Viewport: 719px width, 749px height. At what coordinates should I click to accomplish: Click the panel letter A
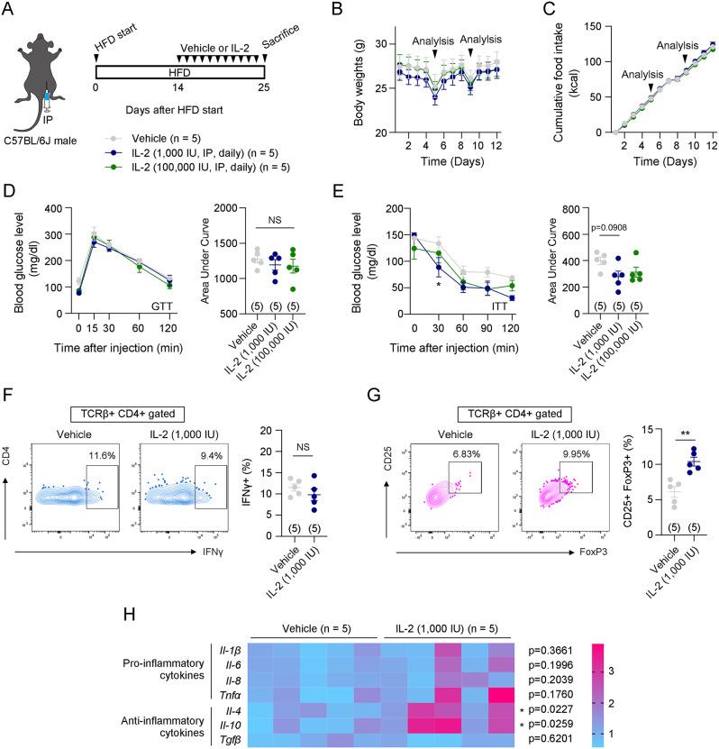pyautogui.click(x=10, y=11)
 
